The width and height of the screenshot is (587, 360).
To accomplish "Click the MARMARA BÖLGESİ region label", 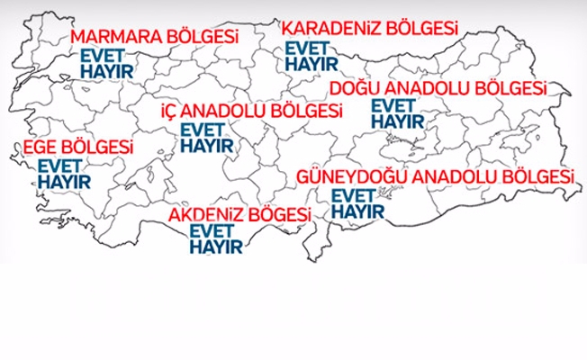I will [x=155, y=38].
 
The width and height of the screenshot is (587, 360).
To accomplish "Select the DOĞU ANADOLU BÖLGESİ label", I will [x=438, y=89].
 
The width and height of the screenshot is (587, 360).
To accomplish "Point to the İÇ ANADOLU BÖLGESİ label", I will [x=251, y=112].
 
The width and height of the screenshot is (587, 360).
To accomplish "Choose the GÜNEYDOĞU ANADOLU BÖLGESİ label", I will [x=435, y=175].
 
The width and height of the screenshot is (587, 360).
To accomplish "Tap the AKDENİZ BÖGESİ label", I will [x=239, y=215].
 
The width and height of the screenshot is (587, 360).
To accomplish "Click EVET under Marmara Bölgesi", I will [x=104, y=56].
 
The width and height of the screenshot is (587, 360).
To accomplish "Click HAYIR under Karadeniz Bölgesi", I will [x=311, y=64].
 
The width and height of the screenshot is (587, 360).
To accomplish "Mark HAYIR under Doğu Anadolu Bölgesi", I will [x=397, y=120].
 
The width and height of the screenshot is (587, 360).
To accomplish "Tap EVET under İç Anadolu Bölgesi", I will [x=204, y=129].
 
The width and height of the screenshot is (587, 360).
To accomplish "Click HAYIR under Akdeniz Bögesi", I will [x=216, y=247].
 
